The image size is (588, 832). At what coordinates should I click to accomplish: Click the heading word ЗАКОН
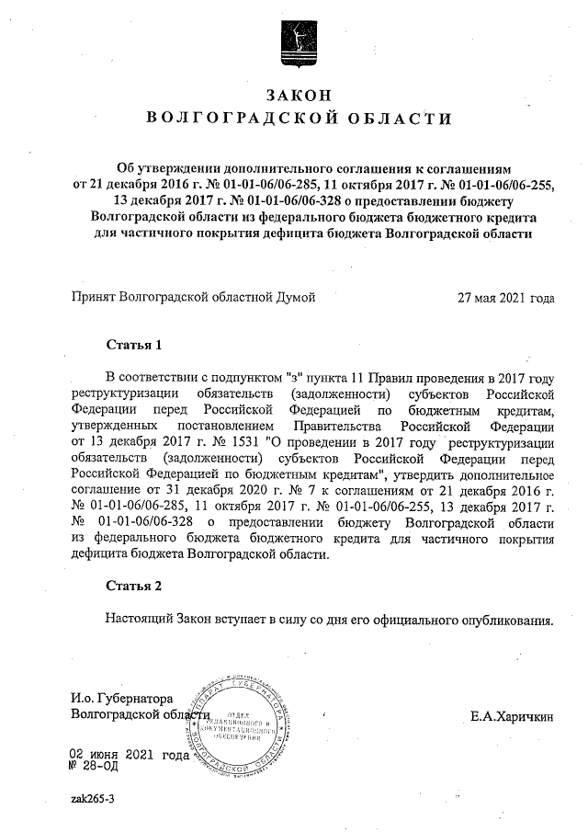[295, 95]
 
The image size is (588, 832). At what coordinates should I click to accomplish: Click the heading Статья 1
[134, 346]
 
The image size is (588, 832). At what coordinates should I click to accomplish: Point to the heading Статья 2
[134, 586]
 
